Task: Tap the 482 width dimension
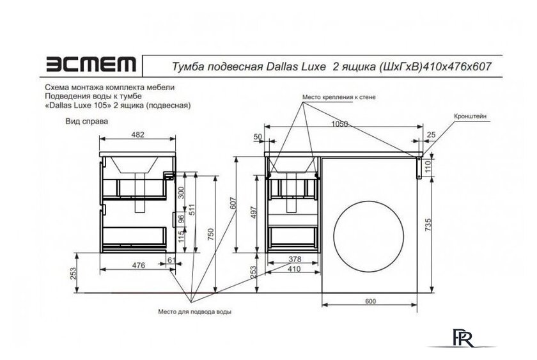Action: click(138, 135)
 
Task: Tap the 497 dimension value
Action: click(254, 212)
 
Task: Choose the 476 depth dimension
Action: click(139, 265)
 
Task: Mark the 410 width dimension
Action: click(293, 270)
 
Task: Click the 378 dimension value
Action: click(293, 260)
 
